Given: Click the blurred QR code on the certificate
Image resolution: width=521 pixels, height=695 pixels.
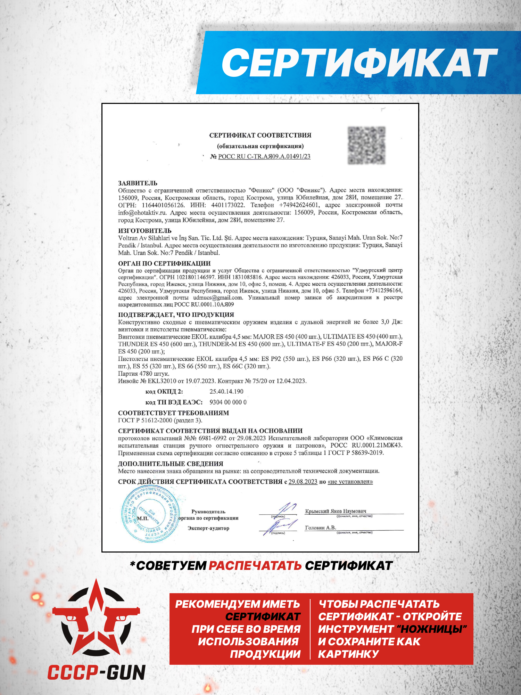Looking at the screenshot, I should pyautogui.click(x=366, y=145).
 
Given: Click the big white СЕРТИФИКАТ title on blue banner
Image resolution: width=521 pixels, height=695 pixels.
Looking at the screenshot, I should pyautogui.click(x=359, y=63).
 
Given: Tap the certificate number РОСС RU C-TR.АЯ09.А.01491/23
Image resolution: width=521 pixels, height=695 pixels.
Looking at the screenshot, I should pyautogui.click(x=264, y=156).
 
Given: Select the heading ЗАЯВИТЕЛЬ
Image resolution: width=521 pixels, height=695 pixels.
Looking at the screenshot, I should pyautogui.click(x=138, y=183).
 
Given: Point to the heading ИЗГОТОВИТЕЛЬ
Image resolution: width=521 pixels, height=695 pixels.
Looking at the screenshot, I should pyautogui.click(x=144, y=230).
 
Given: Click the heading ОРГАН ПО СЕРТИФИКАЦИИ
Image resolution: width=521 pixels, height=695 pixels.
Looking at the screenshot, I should pyautogui.click(x=164, y=263).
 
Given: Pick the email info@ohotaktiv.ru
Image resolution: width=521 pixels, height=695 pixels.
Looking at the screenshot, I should pyautogui.click(x=142, y=213).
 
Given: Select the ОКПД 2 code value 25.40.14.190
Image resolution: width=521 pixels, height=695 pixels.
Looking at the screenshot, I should pyautogui.click(x=226, y=391).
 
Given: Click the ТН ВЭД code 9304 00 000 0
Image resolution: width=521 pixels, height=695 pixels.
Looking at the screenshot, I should pyautogui.click(x=228, y=402).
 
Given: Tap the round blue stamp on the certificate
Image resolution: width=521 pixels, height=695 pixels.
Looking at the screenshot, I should pyautogui.click(x=150, y=514).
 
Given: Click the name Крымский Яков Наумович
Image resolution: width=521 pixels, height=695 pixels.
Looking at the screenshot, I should pyautogui.click(x=336, y=511).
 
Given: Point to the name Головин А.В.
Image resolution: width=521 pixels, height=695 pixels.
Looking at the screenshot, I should pyautogui.click(x=320, y=528).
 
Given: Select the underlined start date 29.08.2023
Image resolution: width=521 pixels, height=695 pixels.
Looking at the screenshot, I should pyautogui.click(x=303, y=482).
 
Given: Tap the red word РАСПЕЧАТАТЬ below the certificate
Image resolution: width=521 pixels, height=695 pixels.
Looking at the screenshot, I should pyautogui.click(x=255, y=565).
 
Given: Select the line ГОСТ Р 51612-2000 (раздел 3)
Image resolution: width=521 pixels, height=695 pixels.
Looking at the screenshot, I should pyautogui.click(x=160, y=420).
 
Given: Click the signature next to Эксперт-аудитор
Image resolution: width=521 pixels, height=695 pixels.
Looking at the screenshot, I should pyautogui.click(x=280, y=527).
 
